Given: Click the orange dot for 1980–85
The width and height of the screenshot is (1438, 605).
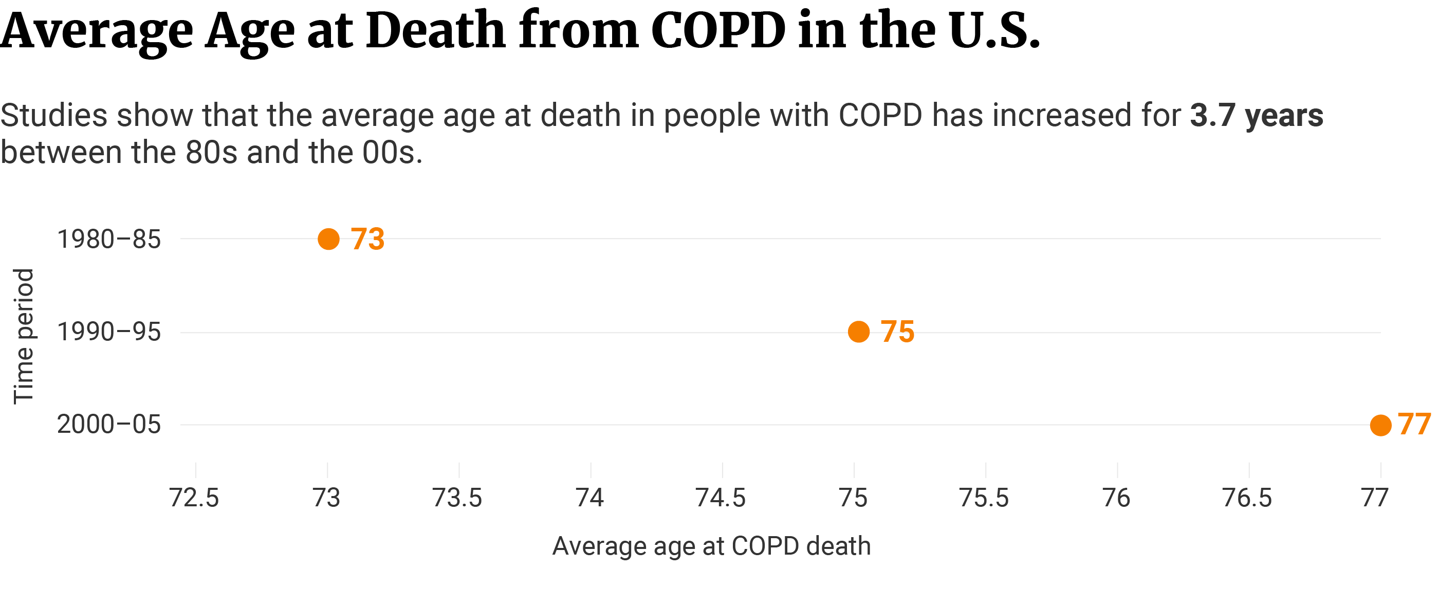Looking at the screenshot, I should pyautogui.click(x=329, y=239).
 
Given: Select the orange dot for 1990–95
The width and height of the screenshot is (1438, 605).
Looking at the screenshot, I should pyautogui.click(x=859, y=332).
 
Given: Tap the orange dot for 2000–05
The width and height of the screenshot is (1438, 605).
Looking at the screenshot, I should pyautogui.click(x=1380, y=425).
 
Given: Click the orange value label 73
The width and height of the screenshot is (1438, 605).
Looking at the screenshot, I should pyautogui.click(x=368, y=239).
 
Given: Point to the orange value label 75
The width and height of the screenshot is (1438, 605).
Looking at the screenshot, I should pyautogui.click(x=898, y=332).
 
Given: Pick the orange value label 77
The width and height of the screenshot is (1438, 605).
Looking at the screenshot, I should pyautogui.click(x=1414, y=424).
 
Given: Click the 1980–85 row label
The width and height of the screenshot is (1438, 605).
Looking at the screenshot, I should pyautogui.click(x=109, y=240).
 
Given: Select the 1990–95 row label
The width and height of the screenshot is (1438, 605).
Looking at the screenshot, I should pyautogui.click(x=109, y=332).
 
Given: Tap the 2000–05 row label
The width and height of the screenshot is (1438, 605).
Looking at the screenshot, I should pyautogui.click(x=109, y=425).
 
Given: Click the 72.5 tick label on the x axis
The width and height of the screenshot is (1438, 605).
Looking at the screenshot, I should pyautogui.click(x=194, y=497).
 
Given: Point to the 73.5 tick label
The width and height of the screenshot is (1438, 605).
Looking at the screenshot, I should pyautogui.click(x=458, y=497).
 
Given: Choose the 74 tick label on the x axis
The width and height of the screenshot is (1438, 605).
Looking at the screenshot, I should pyautogui.click(x=590, y=497).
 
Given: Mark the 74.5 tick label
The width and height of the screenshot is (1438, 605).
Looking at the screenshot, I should pyautogui.click(x=721, y=497).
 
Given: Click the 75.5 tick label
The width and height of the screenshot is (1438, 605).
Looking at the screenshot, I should pyautogui.click(x=984, y=497).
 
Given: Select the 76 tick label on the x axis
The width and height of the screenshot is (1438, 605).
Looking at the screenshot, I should pyautogui.click(x=1116, y=497).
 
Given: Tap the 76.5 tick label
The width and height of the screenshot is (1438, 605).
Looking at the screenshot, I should pyautogui.click(x=1248, y=497).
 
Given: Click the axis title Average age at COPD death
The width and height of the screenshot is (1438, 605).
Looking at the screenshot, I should pyautogui.click(x=712, y=546).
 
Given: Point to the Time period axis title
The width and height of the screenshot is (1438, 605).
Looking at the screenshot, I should pyautogui.click(x=24, y=336).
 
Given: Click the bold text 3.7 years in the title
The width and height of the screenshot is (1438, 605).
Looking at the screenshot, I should pyautogui.click(x=1257, y=116).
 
